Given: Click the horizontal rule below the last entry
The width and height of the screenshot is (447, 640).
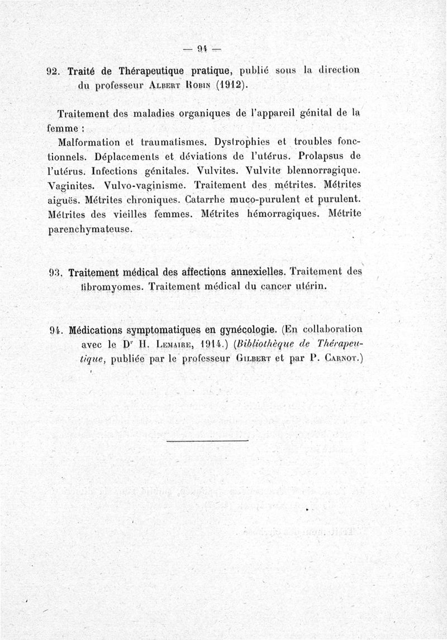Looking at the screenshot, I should coord(207,441).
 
